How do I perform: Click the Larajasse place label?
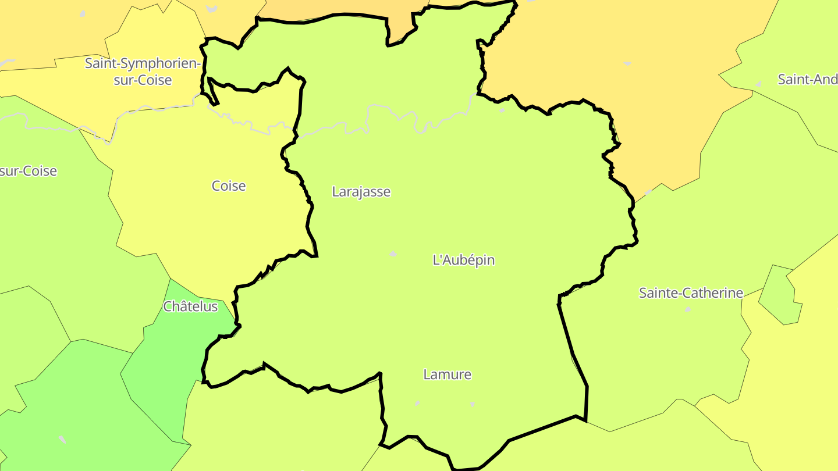pos(361,191)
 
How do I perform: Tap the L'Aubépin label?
pos(464,260)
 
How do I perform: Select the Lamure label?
pos(447,374)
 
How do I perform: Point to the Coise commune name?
pos(229,186)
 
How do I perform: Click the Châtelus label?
pos(190,306)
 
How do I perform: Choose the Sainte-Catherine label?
pos(691,293)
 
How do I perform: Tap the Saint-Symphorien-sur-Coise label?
pos(143,72)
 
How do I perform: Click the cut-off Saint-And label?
pos(807,80)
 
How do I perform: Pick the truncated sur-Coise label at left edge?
pos(29,171)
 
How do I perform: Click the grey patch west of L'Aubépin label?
pos(393,254)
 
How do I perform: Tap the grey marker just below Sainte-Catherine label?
pos(688,309)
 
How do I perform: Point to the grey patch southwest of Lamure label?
pos(417,403)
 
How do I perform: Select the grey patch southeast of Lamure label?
pos(472,404)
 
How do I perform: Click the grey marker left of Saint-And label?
pos(758,84)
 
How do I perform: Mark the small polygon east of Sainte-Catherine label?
pos(780,294)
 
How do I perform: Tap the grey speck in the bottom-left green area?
pos(62,439)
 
